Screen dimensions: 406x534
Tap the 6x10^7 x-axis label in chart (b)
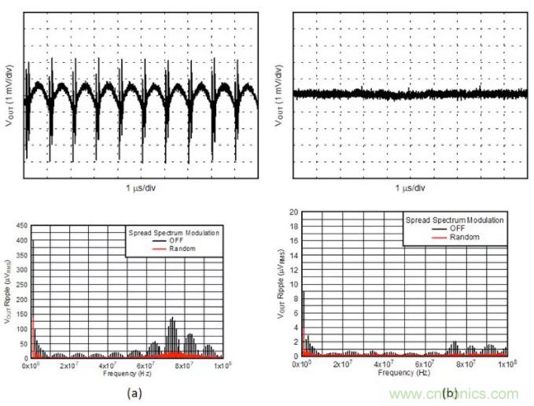tap(425, 364)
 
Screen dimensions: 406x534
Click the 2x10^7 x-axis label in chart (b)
tap(343, 364)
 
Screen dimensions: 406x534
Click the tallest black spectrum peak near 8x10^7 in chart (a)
tap(171, 319)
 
